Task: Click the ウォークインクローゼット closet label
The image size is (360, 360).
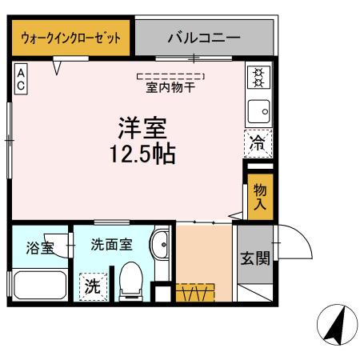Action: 70,37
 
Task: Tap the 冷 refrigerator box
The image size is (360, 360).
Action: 258,144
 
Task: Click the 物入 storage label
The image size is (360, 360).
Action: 260,196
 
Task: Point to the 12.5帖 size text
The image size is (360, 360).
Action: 143,154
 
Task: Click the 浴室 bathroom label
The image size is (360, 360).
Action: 39,247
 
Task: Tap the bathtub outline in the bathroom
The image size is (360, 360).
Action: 39,285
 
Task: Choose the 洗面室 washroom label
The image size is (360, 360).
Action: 112,245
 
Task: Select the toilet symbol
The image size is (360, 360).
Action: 130,284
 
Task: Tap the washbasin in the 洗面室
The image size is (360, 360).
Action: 161,246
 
